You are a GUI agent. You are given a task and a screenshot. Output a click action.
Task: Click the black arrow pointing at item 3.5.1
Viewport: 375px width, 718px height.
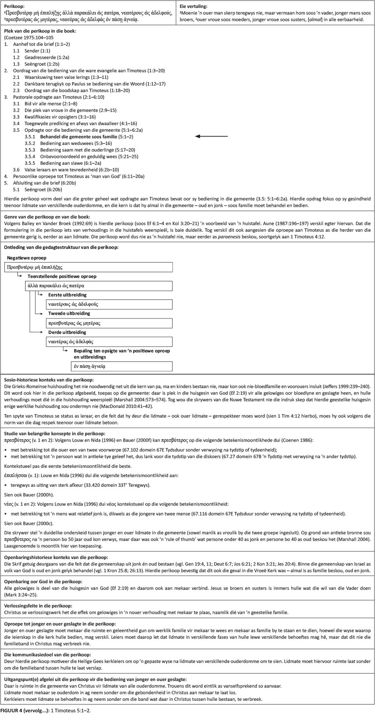pyautogui.click(x=211, y=137)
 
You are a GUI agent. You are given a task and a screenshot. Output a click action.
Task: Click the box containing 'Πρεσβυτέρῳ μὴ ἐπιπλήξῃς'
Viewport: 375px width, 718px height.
pyautogui.click(x=88, y=267)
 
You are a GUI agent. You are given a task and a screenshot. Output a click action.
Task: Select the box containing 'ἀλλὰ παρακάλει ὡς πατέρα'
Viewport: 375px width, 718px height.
pyautogui.click(x=99, y=285)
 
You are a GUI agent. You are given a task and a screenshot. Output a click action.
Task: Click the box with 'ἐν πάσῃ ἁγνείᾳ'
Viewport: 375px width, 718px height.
pyautogui.click(x=121, y=366)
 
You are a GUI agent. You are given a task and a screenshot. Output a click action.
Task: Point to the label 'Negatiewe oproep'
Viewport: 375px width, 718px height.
pyautogui.click(x=27, y=258)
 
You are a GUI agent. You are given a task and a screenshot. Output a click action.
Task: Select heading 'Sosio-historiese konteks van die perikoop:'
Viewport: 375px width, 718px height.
pyautogui.click(x=48, y=380)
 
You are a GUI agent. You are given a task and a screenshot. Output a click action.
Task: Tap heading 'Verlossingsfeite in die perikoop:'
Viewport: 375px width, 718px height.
pyautogui.click(x=38, y=606)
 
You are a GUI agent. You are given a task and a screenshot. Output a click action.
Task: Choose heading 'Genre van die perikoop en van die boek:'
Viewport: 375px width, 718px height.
pyautogui.click(x=47, y=217)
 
